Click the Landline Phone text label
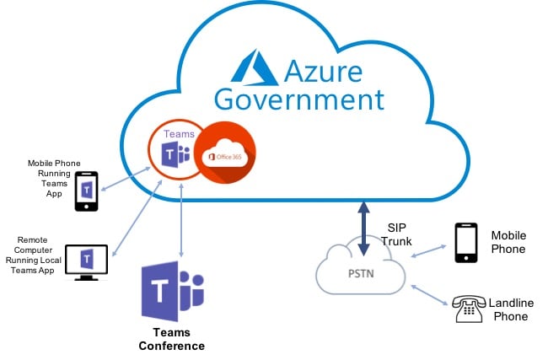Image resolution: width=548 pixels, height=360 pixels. pyautogui.click(x=511, y=309)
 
